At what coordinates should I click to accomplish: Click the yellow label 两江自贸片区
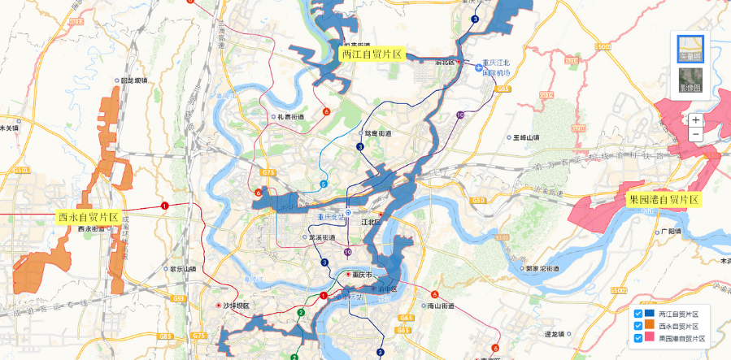pos(372,54)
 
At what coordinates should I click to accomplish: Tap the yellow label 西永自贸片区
pos(88,218)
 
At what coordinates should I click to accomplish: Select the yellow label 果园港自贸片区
pos(664,198)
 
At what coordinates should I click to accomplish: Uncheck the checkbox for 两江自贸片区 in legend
pos(638,314)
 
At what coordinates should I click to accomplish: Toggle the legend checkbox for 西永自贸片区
pos(638,326)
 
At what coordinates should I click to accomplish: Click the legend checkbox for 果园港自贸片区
pos(638,337)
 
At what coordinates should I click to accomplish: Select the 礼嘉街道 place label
pos(290,116)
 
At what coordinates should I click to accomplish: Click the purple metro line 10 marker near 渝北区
pos(460,115)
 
